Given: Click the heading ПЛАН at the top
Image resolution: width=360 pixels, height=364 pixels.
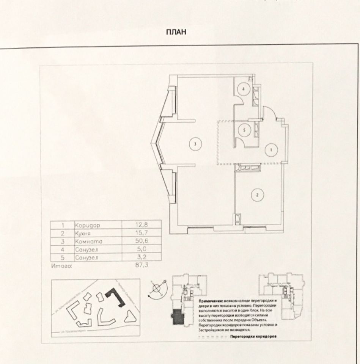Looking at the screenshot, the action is pos(176,33).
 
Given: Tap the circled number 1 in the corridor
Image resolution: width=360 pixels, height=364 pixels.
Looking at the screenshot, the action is pos(271,150).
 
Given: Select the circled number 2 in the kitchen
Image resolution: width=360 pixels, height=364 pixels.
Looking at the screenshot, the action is pos(257,195).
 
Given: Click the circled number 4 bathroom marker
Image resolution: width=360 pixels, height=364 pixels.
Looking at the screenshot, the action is pos(244,89).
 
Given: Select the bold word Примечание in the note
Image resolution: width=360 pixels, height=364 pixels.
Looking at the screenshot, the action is pos(210,300).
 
